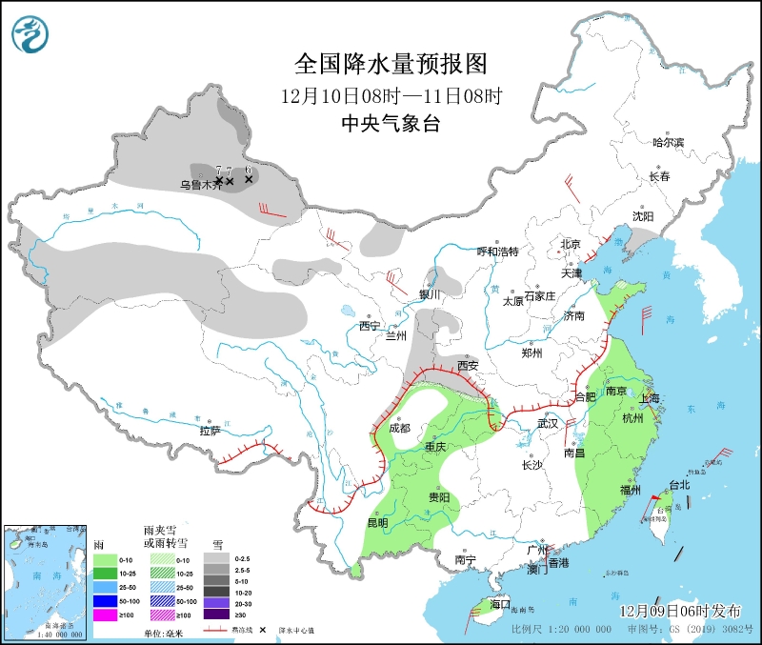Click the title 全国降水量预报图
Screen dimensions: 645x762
tap(391, 64)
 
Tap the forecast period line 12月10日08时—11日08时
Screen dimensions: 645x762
tap(391, 95)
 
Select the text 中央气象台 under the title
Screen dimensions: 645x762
tap(391, 123)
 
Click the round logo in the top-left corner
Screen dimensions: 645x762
tap(30, 35)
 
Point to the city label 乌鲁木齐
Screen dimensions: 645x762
tap(201, 185)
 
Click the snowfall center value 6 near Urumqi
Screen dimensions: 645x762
tap(249, 170)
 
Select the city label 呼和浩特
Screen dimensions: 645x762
tap(497, 252)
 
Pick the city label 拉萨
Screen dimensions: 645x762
tap(211, 431)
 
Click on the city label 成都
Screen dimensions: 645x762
tap(399, 429)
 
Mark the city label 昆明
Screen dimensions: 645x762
tap(376, 523)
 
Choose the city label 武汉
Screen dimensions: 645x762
tap(548, 423)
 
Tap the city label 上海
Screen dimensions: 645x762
tap(652, 398)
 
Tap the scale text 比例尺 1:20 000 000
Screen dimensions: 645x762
tap(561, 630)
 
